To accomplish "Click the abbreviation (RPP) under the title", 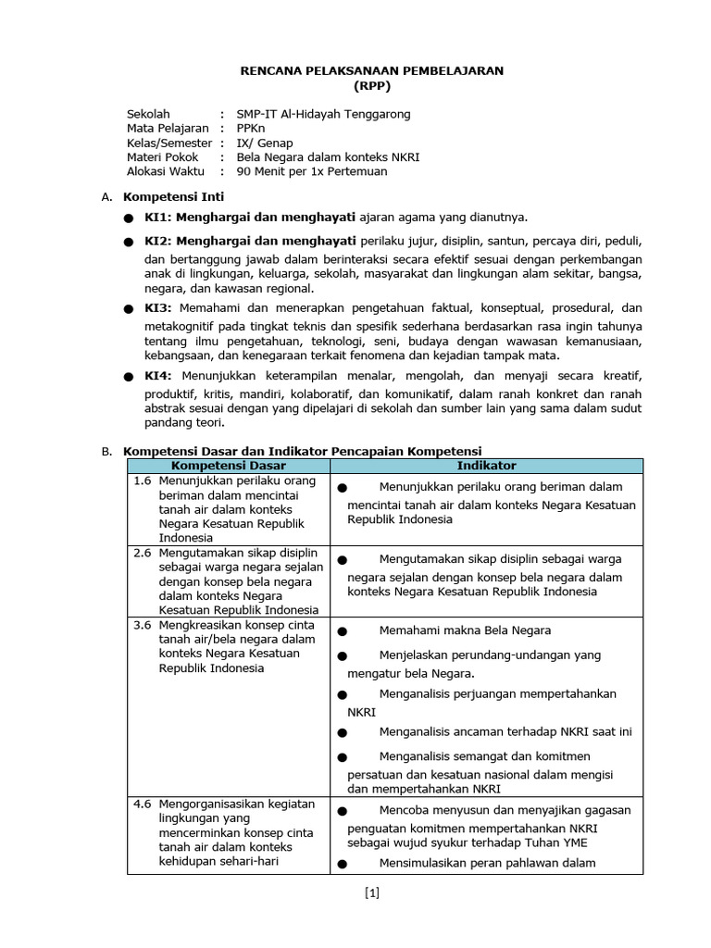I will tap(372, 85).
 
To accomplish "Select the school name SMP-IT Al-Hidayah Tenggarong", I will tap(323, 114).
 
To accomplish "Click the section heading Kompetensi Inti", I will tap(173, 197).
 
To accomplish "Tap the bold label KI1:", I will tap(159, 218).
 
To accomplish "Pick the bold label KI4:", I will tap(159, 377).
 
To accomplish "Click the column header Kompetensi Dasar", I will tap(229, 466).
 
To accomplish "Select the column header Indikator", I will tap(486, 466).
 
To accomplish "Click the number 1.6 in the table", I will tap(142, 481).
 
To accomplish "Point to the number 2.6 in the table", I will tap(142, 553).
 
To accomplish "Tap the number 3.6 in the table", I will tap(142, 626).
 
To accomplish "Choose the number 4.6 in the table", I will tap(142, 803).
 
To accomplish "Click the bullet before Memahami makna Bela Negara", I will tap(342, 632).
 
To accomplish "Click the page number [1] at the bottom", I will tap(371, 893).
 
